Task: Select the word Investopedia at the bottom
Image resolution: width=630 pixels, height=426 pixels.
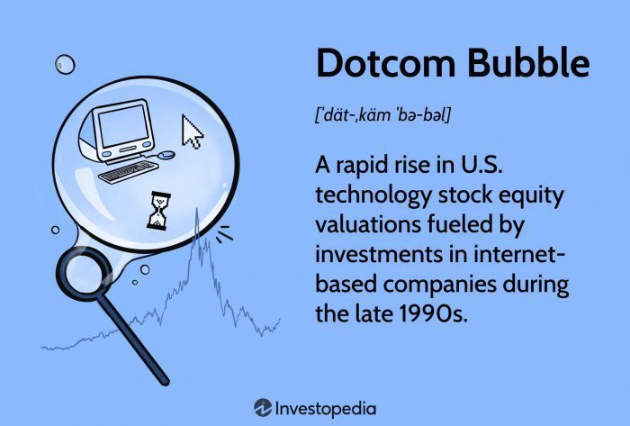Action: [x=327, y=407]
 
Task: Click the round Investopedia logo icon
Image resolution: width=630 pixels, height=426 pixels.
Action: [x=263, y=407]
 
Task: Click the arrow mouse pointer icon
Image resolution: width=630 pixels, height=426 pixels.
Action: [x=193, y=131]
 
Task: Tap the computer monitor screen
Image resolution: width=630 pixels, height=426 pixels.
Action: [x=122, y=128]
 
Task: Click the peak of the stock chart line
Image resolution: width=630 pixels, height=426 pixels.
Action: [x=196, y=210]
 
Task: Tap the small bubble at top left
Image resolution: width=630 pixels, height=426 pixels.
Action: [x=64, y=64]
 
